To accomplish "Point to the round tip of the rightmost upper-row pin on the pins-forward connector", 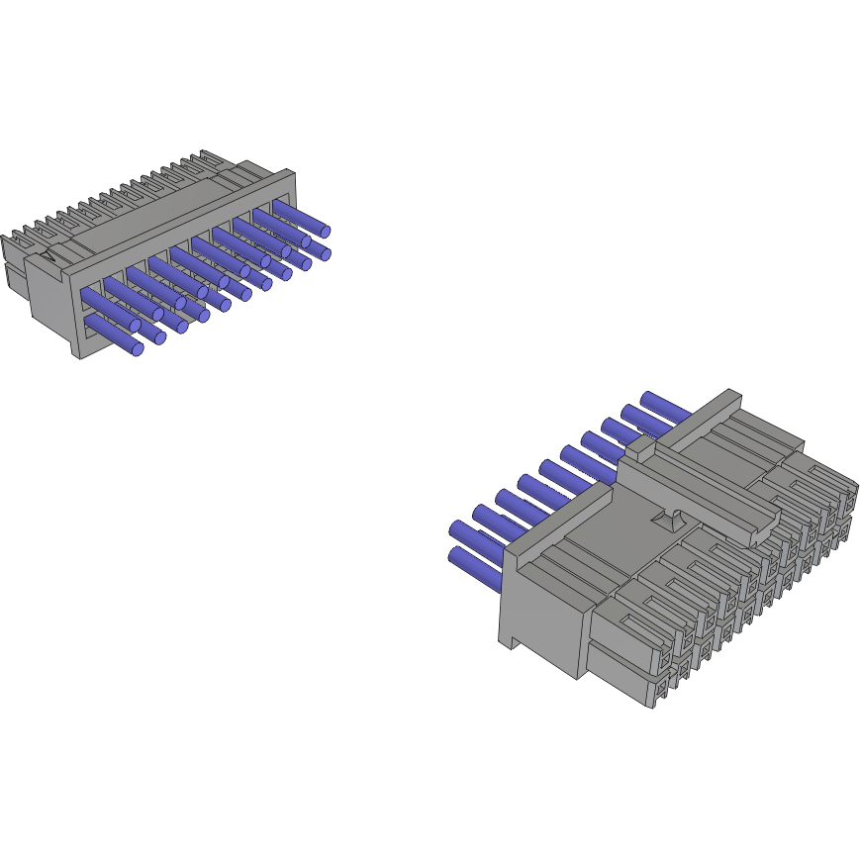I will pyautogui.click(x=324, y=231).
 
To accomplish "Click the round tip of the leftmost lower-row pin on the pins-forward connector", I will pyautogui.click(x=138, y=349).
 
